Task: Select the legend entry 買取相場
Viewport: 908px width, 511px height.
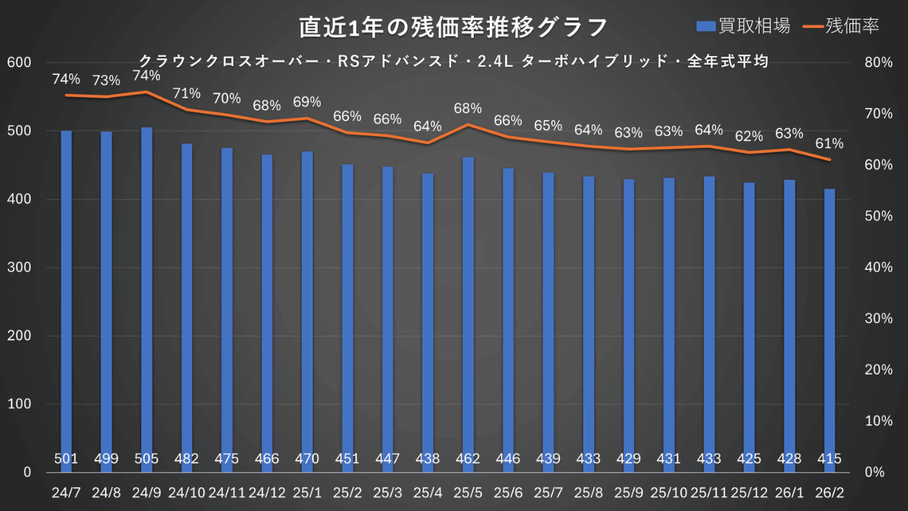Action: coord(743,26)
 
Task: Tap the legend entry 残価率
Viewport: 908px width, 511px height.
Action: coord(842,26)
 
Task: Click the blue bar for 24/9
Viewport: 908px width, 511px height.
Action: coord(146,298)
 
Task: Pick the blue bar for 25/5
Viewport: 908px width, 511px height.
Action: coord(468,312)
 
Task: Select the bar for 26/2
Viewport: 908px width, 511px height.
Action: coord(829,330)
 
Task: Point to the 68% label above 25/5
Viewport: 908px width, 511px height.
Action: coord(468,109)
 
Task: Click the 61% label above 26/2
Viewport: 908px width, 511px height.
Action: coord(829,144)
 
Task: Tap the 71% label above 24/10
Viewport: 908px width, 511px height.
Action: coord(187,93)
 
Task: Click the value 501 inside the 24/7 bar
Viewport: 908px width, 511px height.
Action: coord(66,459)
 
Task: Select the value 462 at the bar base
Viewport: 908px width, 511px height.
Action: coord(468,459)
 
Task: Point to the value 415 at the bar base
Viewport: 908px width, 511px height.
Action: coord(829,459)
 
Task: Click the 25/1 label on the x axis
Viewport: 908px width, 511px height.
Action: coord(307,492)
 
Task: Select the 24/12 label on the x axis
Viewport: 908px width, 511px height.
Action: coord(267,492)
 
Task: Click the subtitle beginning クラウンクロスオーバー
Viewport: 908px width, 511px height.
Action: coord(454,62)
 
